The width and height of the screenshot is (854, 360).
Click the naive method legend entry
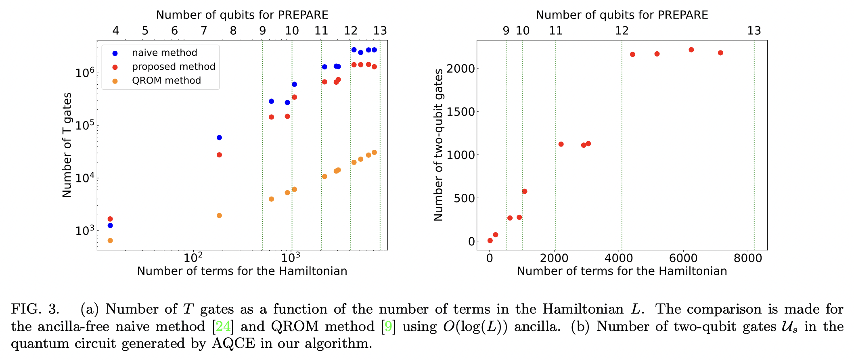tap(164, 53)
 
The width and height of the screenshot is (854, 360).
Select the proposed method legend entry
tap(174, 67)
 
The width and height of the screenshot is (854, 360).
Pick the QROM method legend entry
tap(166, 81)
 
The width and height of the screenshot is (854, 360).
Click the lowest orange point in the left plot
tap(110, 241)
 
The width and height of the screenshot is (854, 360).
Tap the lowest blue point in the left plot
tap(110, 226)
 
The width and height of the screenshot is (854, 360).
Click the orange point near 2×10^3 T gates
tap(219, 216)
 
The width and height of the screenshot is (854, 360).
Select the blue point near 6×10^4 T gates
tap(219, 138)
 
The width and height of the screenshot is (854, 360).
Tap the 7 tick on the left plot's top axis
tap(204, 31)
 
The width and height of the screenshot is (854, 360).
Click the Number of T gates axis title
tap(67, 145)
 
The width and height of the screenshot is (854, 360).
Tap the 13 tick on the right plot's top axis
tap(754, 31)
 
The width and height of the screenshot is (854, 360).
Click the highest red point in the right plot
tap(691, 50)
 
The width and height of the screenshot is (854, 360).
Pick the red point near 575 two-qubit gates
tap(525, 191)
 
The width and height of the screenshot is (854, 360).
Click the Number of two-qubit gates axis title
tap(438, 145)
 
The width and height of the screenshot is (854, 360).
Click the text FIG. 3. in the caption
tap(35, 309)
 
